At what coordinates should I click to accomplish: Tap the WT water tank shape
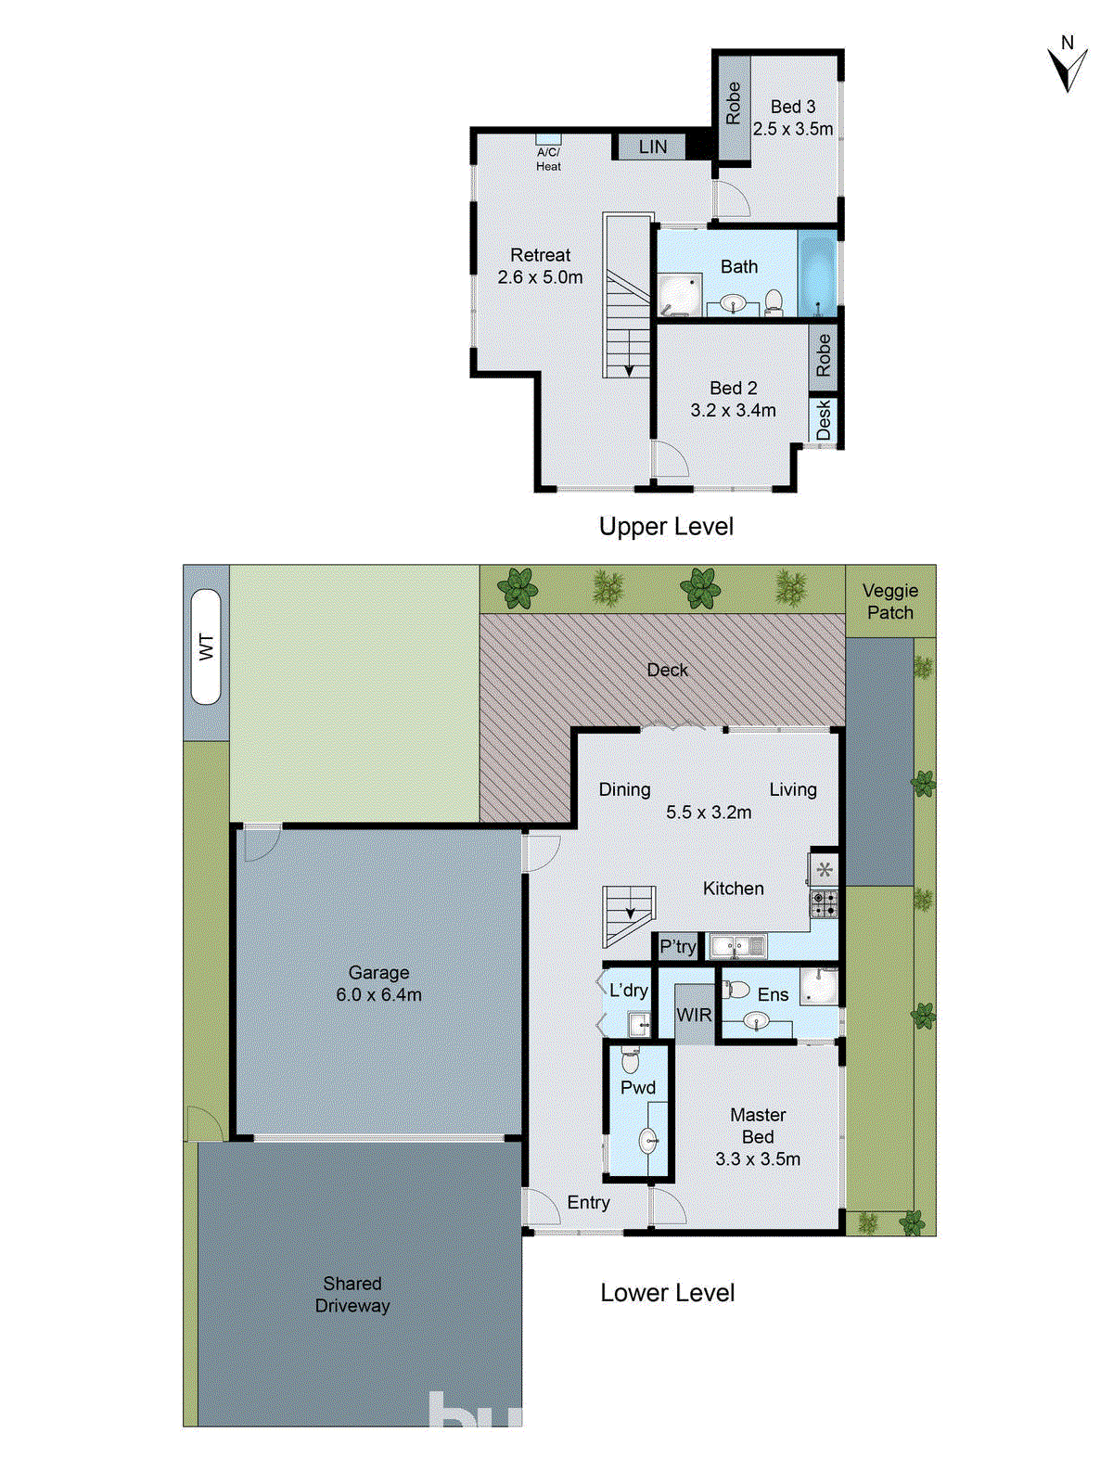click(206, 646)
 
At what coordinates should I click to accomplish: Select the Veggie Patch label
click(889, 601)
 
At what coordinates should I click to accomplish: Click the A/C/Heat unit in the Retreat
click(548, 152)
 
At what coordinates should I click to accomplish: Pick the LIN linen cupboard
click(652, 147)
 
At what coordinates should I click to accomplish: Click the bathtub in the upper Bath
click(818, 274)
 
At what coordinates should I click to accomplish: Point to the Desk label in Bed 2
click(824, 420)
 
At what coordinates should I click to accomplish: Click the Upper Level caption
click(666, 527)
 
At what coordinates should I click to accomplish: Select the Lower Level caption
click(667, 1293)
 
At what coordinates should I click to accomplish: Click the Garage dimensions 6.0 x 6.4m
click(378, 995)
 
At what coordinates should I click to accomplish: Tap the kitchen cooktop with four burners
click(824, 903)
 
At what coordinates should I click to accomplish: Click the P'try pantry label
click(677, 946)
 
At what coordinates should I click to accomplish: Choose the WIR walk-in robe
click(694, 1015)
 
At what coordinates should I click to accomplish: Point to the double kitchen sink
click(737, 947)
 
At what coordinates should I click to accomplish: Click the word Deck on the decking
click(667, 670)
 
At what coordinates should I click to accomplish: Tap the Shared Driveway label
click(352, 1294)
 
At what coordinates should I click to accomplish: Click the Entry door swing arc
click(540, 1206)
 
